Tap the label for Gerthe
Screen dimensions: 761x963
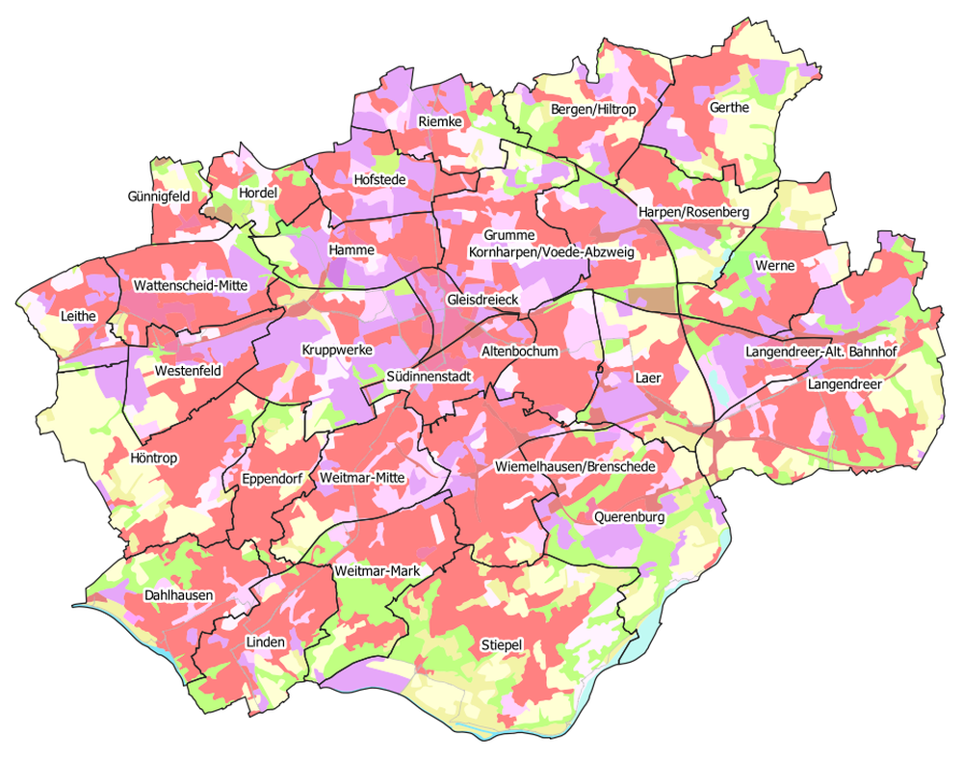coord(729,108)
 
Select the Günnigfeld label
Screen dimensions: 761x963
coord(159,196)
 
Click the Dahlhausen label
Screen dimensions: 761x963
coord(178,596)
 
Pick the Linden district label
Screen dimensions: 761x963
coord(265,642)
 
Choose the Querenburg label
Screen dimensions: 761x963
coord(630,517)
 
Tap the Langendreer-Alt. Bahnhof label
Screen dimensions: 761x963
coord(820,353)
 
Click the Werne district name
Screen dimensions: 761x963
coord(774,265)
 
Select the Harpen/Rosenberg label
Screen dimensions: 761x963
coord(693,212)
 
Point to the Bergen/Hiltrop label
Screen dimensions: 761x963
coord(593,110)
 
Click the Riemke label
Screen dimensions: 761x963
coord(441,121)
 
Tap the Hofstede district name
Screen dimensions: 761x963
coord(380,179)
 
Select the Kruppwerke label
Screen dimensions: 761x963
coord(336,350)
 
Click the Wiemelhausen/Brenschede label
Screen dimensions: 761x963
coord(575,466)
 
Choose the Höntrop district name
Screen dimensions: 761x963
coord(153,459)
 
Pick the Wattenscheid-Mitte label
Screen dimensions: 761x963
coord(192,285)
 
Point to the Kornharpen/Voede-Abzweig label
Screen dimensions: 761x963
coord(551,252)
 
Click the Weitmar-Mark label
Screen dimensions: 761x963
coord(377,571)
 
